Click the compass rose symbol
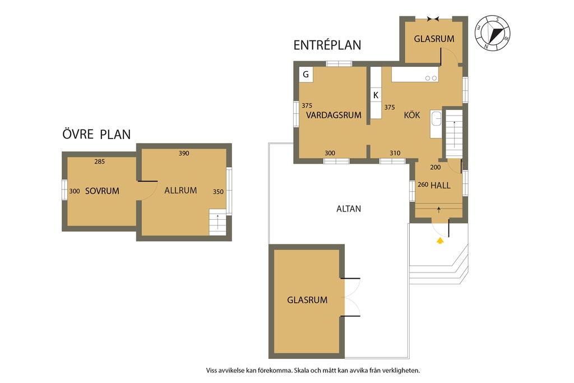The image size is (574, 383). pyautogui.click(x=492, y=33)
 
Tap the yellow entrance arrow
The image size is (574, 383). pyautogui.click(x=439, y=241)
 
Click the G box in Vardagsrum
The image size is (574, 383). pyautogui.click(x=306, y=75)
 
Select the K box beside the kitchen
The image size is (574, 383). pyautogui.click(x=376, y=95)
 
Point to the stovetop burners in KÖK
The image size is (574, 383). pyautogui.click(x=431, y=78)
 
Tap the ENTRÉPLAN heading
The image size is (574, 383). pyautogui.click(x=327, y=45)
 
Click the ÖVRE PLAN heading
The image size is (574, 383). pyautogui.click(x=96, y=134)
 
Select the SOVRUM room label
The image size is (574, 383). pyautogui.click(x=102, y=191)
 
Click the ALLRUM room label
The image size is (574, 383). pyautogui.click(x=180, y=191)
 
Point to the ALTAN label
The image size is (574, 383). pyautogui.click(x=349, y=209)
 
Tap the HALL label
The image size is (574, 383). pyautogui.click(x=441, y=185)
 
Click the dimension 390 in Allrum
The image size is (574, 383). pyautogui.click(x=184, y=153)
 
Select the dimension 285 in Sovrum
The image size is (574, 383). pyautogui.click(x=100, y=161)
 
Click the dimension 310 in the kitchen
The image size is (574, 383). pyautogui.click(x=395, y=153)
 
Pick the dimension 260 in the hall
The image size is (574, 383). pyautogui.click(x=423, y=184)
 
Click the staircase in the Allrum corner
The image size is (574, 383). pyautogui.click(x=217, y=222)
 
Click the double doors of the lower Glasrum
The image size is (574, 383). pyautogui.click(x=350, y=297)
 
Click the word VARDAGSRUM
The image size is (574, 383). pyautogui.click(x=334, y=115)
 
